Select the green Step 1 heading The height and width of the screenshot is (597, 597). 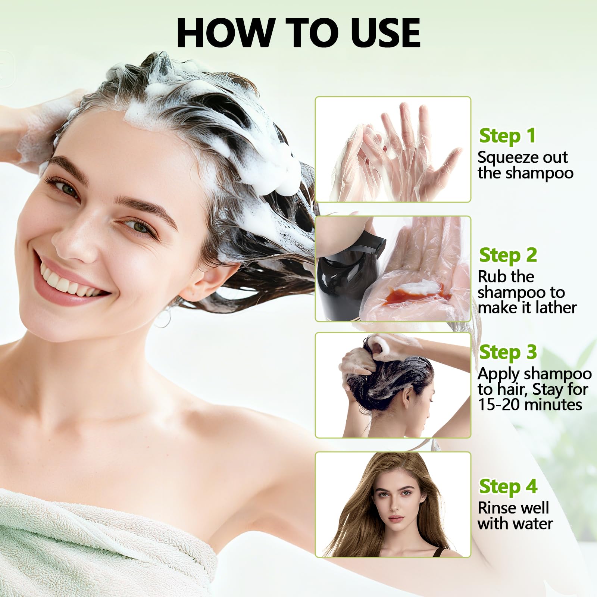tap(507, 136)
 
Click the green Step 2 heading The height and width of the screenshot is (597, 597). tap(508, 255)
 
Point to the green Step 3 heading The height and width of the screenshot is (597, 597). tap(508, 352)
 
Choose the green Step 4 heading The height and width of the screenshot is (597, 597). tap(508, 487)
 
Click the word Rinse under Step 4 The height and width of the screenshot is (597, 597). tap(498, 508)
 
